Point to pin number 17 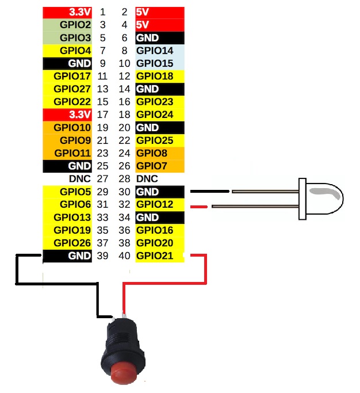103,114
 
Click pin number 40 124,255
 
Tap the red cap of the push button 123,373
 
